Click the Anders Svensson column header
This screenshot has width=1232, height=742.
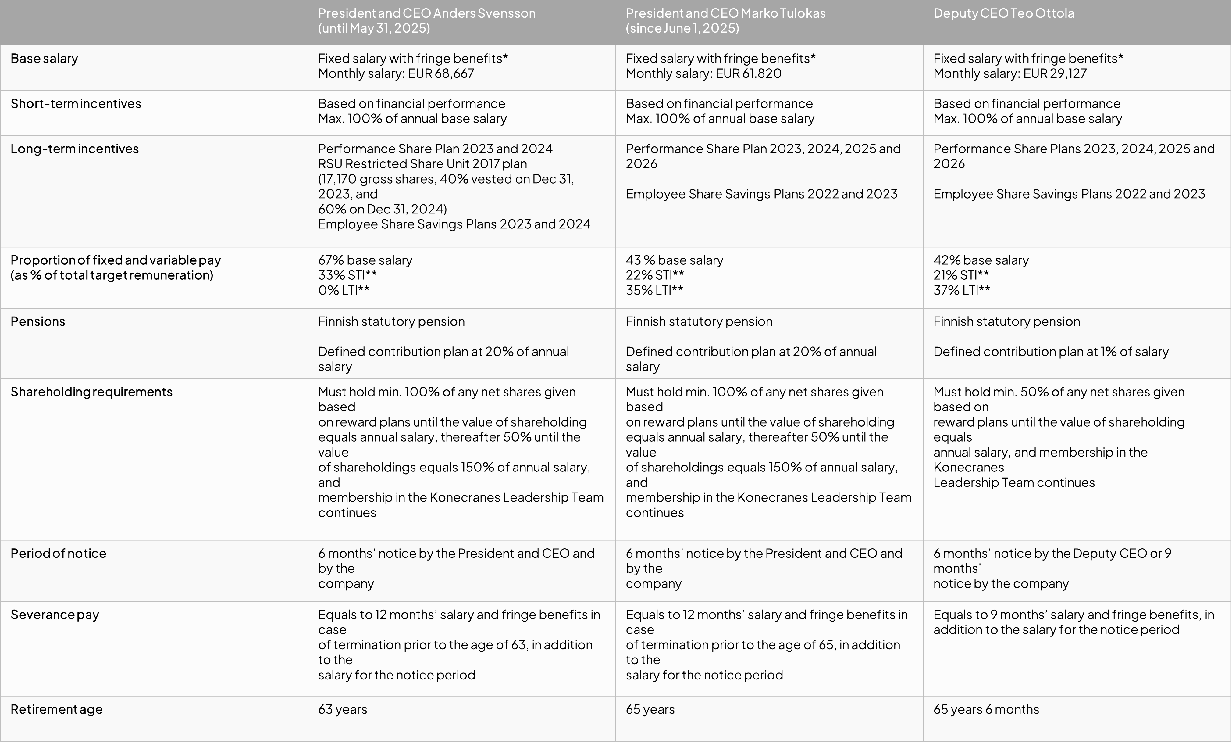pyautogui.click(x=427, y=20)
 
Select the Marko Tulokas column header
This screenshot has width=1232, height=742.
pyautogui.click(x=725, y=20)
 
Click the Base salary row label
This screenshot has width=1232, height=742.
pyautogui.click(x=45, y=59)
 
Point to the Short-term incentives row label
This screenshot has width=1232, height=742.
pyautogui.click(x=76, y=103)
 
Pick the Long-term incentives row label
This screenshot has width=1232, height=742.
pyautogui.click(x=74, y=149)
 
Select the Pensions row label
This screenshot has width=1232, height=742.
pyautogui.click(x=38, y=321)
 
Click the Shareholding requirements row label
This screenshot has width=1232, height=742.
pyautogui.click(x=91, y=392)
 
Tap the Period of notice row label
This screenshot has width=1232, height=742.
pyautogui.click(x=59, y=554)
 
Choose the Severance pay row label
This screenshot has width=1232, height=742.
pyautogui.click(x=55, y=615)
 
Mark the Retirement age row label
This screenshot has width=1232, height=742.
pyautogui.click(x=56, y=709)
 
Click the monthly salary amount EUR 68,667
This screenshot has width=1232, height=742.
pyautogui.click(x=441, y=73)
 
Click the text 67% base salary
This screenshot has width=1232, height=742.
pyautogui.click(x=365, y=260)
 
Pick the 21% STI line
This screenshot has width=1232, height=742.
pyautogui.click(x=961, y=275)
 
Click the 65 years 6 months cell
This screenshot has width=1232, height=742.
pyautogui.click(x=986, y=709)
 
